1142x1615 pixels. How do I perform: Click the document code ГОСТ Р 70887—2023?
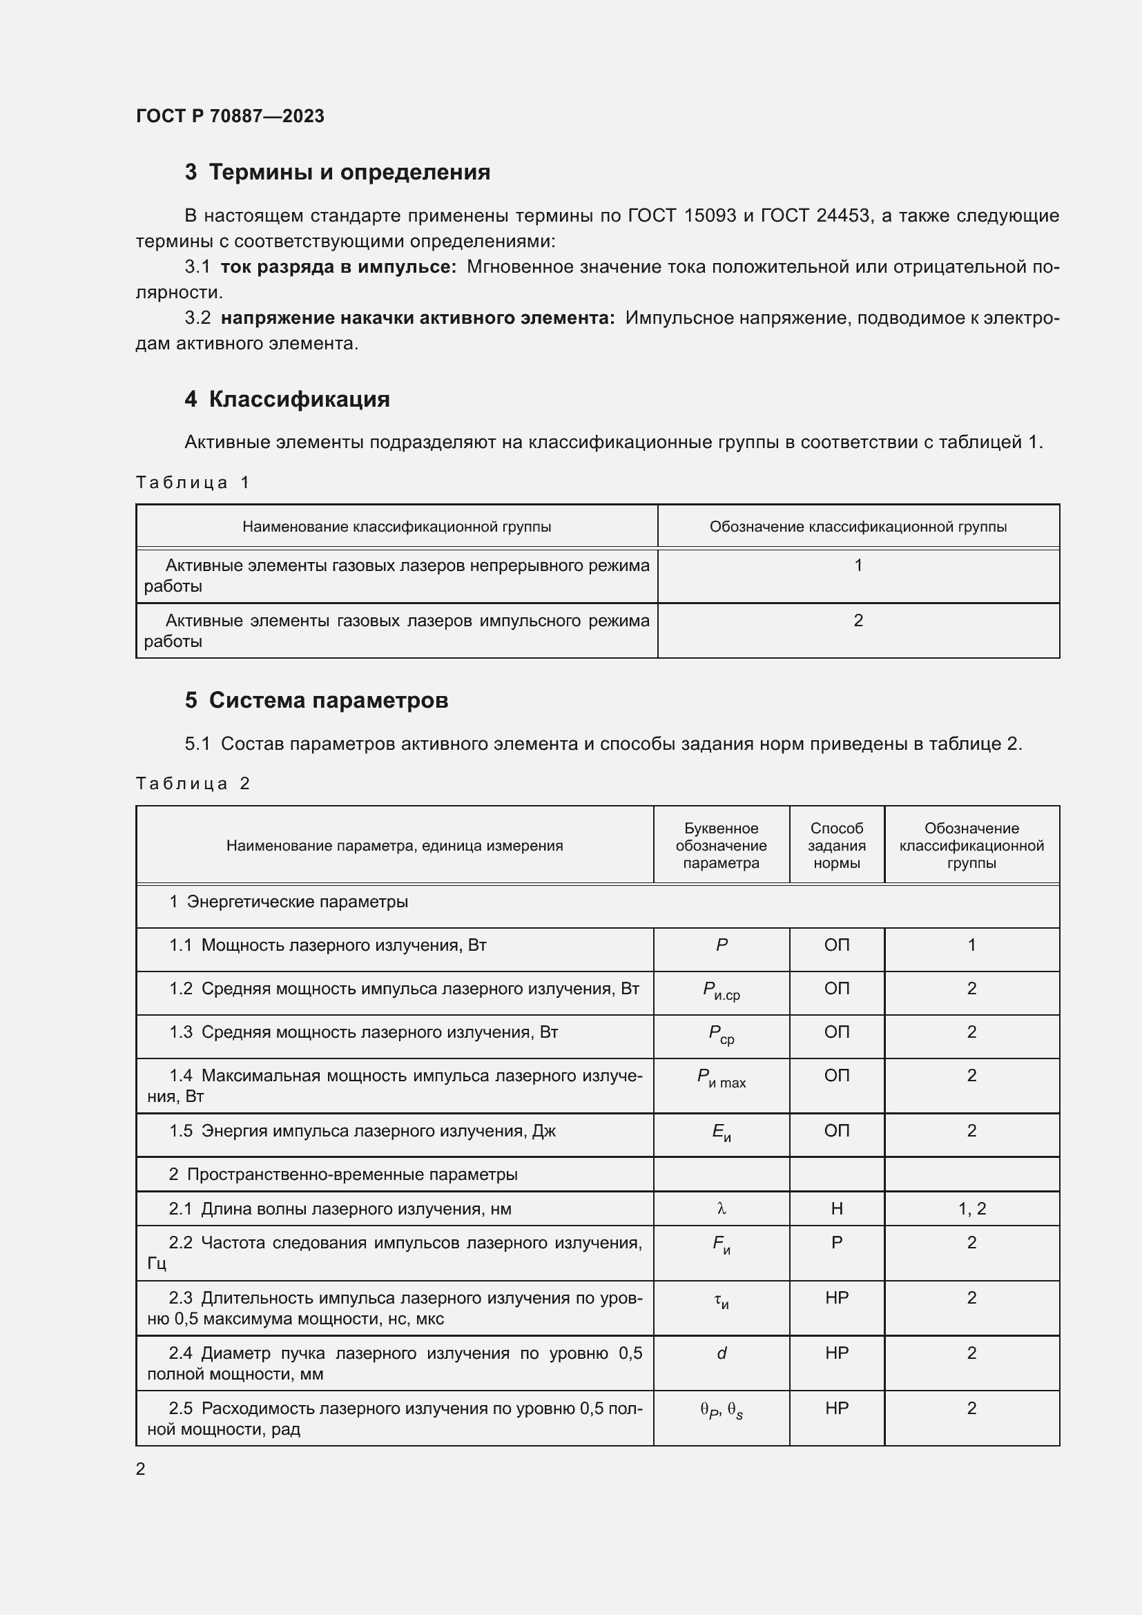[x=230, y=116]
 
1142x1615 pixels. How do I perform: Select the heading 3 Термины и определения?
[x=338, y=173]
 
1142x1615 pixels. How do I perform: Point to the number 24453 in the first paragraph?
[x=842, y=216]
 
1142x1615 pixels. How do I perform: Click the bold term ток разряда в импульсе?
[x=338, y=267]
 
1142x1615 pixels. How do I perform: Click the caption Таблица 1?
[x=193, y=483]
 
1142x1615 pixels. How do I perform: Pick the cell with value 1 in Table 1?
[x=858, y=565]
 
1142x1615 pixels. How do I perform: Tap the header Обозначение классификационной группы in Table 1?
[x=858, y=527]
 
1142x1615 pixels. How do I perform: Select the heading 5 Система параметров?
[x=316, y=701]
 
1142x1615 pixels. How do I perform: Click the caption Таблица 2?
[x=193, y=784]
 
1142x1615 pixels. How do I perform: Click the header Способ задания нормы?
[x=836, y=846]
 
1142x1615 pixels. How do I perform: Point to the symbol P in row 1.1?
[x=722, y=945]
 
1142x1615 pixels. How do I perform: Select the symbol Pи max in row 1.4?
[x=722, y=1078]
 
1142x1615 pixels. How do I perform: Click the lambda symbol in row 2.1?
[x=722, y=1209]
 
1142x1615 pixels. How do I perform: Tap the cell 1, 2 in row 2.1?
[x=972, y=1209]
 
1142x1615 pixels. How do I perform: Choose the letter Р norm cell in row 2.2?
[x=836, y=1243]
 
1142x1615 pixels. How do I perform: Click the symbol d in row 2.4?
[x=722, y=1353]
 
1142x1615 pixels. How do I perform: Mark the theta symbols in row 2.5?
[x=722, y=1410]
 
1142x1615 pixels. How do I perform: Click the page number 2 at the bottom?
[x=141, y=1469]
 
